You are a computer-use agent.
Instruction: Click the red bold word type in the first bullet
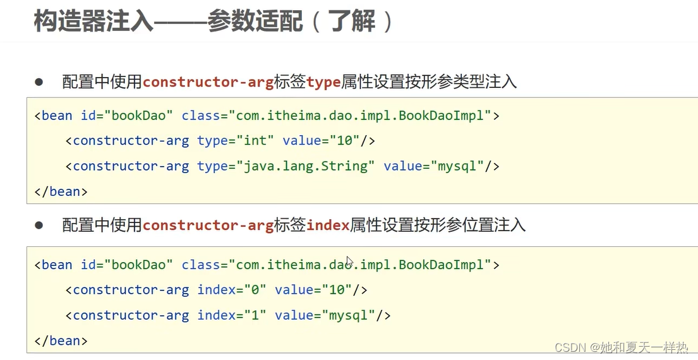(x=323, y=81)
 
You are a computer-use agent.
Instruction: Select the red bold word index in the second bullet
(x=328, y=225)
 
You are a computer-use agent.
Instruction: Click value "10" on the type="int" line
(x=347, y=140)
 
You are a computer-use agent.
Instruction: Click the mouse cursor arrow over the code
(x=349, y=261)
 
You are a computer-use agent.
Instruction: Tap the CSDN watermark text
(x=621, y=347)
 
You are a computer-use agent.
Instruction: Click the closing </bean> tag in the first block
(x=61, y=191)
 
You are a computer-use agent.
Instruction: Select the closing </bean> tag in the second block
(x=61, y=340)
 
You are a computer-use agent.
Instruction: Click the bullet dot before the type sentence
(x=39, y=81)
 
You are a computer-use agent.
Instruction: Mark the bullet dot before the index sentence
(x=39, y=225)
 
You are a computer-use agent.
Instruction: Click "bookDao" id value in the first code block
(x=139, y=116)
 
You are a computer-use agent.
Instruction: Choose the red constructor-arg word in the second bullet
(x=208, y=225)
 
